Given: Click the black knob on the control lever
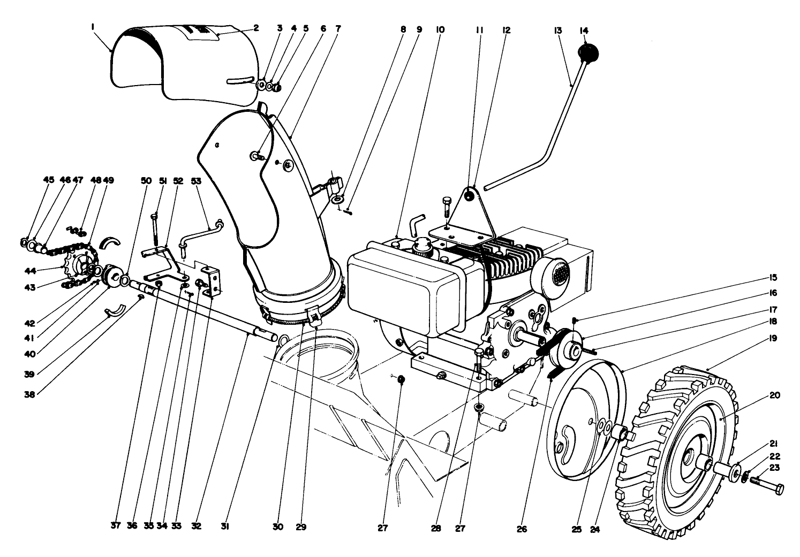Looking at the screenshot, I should pos(587,54).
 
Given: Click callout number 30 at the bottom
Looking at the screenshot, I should pos(277,527).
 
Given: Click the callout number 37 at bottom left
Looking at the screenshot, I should pos(116,527).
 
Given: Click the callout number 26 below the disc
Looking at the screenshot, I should pos(522,530).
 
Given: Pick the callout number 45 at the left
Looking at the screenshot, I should pos(48,181).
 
